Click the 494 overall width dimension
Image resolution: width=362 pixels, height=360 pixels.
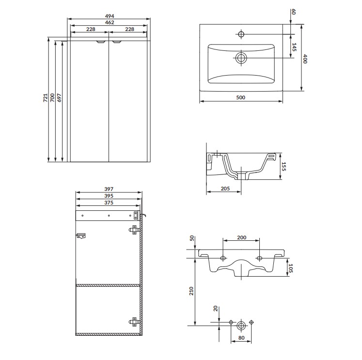pyautogui.click(x=109, y=16)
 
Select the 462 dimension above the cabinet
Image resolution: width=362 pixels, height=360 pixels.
pyautogui.click(x=109, y=22)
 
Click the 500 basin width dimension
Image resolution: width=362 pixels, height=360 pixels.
pyautogui.click(x=241, y=97)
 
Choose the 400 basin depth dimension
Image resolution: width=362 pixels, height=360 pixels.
pyautogui.click(x=305, y=59)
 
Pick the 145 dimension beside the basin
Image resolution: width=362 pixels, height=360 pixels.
pyautogui.click(x=294, y=47)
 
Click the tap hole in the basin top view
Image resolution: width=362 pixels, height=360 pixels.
pyautogui.click(x=241, y=34)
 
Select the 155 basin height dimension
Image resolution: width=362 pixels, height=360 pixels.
pyautogui.click(x=284, y=167)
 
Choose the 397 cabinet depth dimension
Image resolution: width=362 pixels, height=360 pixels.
pyautogui.click(x=109, y=189)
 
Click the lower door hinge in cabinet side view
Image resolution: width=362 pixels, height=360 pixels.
pyautogui.click(x=133, y=320)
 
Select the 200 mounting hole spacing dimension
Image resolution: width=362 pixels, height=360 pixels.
pyautogui.click(x=241, y=237)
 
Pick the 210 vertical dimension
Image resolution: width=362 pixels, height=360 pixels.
pyautogui.click(x=191, y=291)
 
